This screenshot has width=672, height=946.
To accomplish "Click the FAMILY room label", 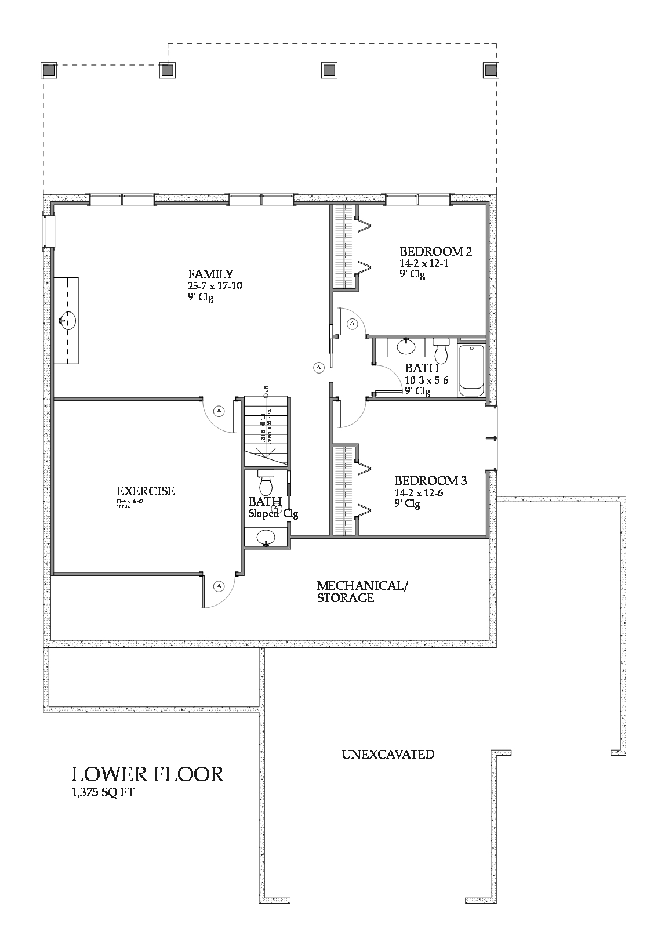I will [x=210, y=274].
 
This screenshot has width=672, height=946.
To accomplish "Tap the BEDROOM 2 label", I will [x=435, y=252].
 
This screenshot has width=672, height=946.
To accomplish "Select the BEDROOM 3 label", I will [x=431, y=481].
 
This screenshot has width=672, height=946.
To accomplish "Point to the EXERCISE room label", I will [x=146, y=491].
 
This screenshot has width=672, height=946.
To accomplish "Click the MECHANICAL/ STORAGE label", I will [x=362, y=592].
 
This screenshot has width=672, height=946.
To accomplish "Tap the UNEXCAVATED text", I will [x=388, y=755].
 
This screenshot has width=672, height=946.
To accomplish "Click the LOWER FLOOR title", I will [x=148, y=774].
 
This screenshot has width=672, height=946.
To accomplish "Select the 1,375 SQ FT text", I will [x=103, y=793].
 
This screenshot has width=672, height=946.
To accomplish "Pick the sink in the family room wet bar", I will [x=68, y=320].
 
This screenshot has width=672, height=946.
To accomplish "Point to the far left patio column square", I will [x=49, y=70].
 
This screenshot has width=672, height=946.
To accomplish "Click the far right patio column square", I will [x=491, y=70].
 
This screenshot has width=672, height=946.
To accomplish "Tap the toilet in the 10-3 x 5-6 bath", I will [x=442, y=350].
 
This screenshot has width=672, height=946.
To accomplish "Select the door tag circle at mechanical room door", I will [x=219, y=586].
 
